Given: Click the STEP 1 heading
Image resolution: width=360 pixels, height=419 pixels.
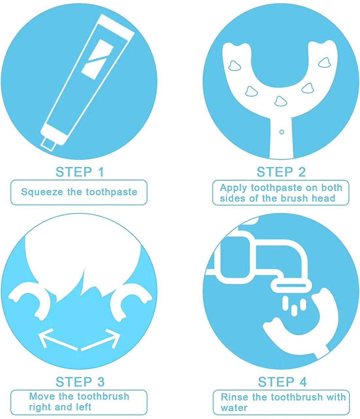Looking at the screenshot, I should (x=80, y=172).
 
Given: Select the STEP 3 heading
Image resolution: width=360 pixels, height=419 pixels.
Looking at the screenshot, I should (x=80, y=382).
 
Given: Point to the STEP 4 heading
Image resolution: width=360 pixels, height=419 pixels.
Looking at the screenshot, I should (x=282, y=382).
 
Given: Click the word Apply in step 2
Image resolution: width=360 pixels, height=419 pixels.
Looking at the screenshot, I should (x=233, y=188).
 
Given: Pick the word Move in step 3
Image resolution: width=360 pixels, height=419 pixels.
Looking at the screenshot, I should (x=42, y=397).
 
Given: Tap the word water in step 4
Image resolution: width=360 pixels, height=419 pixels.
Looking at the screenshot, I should (x=234, y=408).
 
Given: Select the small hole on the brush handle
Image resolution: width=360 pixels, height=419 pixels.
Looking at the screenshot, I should (x=281, y=132).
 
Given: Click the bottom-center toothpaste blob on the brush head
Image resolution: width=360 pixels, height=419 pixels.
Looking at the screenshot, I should (x=280, y=101).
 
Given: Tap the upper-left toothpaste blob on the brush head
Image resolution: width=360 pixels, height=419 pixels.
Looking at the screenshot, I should (x=235, y=66).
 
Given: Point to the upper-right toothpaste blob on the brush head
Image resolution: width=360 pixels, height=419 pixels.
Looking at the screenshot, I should (x=325, y=62).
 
